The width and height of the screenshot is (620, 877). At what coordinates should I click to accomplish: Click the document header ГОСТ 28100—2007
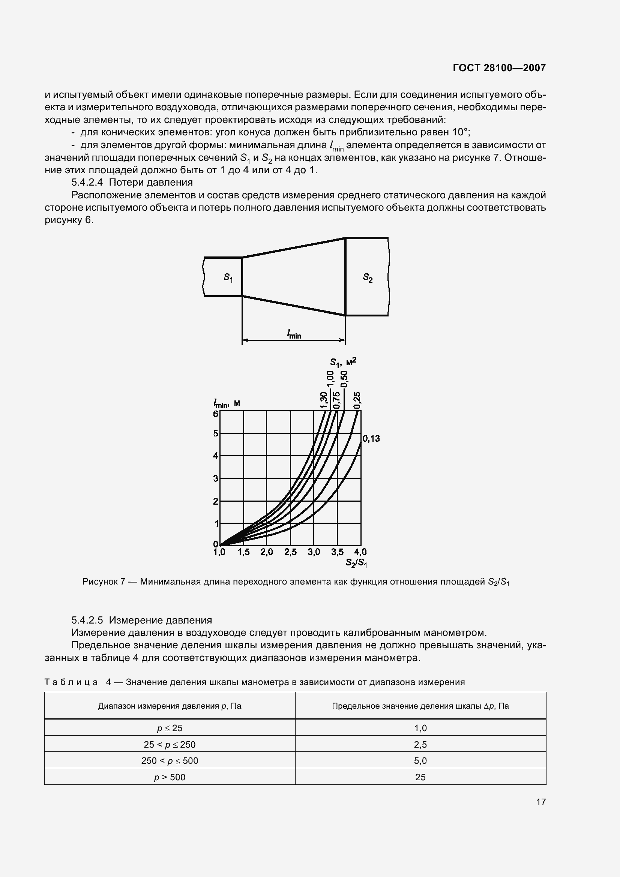tap(499, 68)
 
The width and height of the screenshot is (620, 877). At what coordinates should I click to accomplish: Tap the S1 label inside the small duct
tap(228, 277)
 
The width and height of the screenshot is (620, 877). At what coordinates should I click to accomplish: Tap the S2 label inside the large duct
tap(368, 278)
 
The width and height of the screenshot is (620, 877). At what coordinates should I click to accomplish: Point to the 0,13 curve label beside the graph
tap(371, 439)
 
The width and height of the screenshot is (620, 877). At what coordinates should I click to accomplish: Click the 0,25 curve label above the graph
tap(357, 400)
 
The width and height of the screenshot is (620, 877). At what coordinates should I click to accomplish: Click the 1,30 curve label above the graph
tap(324, 400)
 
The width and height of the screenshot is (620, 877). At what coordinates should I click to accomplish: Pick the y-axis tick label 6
tap(215, 414)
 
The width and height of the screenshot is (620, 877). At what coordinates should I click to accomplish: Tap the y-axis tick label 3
tap(215, 478)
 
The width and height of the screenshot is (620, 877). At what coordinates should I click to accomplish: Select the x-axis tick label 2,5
tap(290, 552)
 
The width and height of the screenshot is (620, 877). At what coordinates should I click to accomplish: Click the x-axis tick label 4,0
tap(360, 552)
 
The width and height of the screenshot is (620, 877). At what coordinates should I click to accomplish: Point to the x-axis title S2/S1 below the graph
tap(356, 562)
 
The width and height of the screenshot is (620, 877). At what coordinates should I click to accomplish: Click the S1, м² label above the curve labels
tap(343, 361)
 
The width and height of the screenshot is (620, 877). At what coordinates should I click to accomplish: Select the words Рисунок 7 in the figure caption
tap(104, 582)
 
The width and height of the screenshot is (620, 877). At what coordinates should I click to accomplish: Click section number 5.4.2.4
tap(87, 182)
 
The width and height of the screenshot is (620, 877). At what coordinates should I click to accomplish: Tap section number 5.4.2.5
tap(87, 620)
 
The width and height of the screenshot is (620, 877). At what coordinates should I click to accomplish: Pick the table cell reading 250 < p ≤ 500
tap(170, 760)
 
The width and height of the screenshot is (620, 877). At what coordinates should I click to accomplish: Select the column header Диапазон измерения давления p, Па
tap(170, 706)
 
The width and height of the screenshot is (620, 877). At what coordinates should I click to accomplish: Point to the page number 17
tap(540, 802)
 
